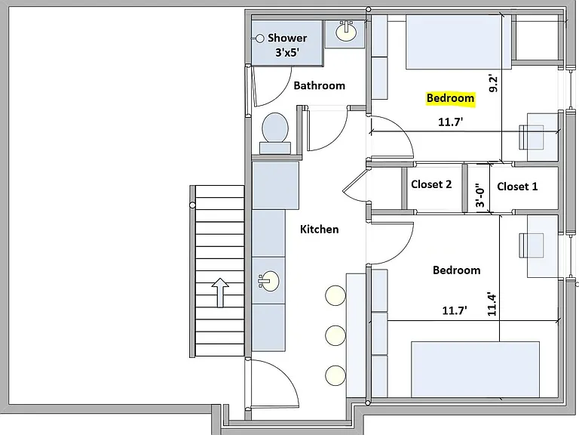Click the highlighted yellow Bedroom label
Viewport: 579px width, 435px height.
[450, 98]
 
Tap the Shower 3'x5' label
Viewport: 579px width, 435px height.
[287, 45]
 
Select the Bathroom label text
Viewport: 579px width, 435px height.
[320, 86]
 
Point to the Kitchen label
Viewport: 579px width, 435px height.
[320, 230]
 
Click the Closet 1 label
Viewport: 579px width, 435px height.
[517, 187]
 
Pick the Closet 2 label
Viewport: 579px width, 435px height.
[431, 184]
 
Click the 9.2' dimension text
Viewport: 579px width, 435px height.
[492, 84]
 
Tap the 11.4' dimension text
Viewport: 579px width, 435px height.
[492, 305]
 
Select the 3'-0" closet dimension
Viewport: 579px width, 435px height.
[479, 196]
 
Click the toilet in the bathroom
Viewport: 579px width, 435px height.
[275, 133]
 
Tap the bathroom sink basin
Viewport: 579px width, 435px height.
[346, 31]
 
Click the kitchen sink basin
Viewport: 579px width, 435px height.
[268, 281]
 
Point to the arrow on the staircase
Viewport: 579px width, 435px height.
[220, 292]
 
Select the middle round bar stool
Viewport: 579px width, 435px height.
[335, 335]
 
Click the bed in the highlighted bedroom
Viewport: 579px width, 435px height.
[458, 42]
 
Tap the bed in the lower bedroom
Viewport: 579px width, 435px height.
[476, 369]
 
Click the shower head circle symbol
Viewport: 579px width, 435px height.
[260, 39]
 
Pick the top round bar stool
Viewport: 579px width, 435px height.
[335, 295]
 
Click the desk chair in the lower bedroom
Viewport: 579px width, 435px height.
[532, 245]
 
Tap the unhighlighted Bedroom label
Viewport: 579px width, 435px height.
[456, 270]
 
